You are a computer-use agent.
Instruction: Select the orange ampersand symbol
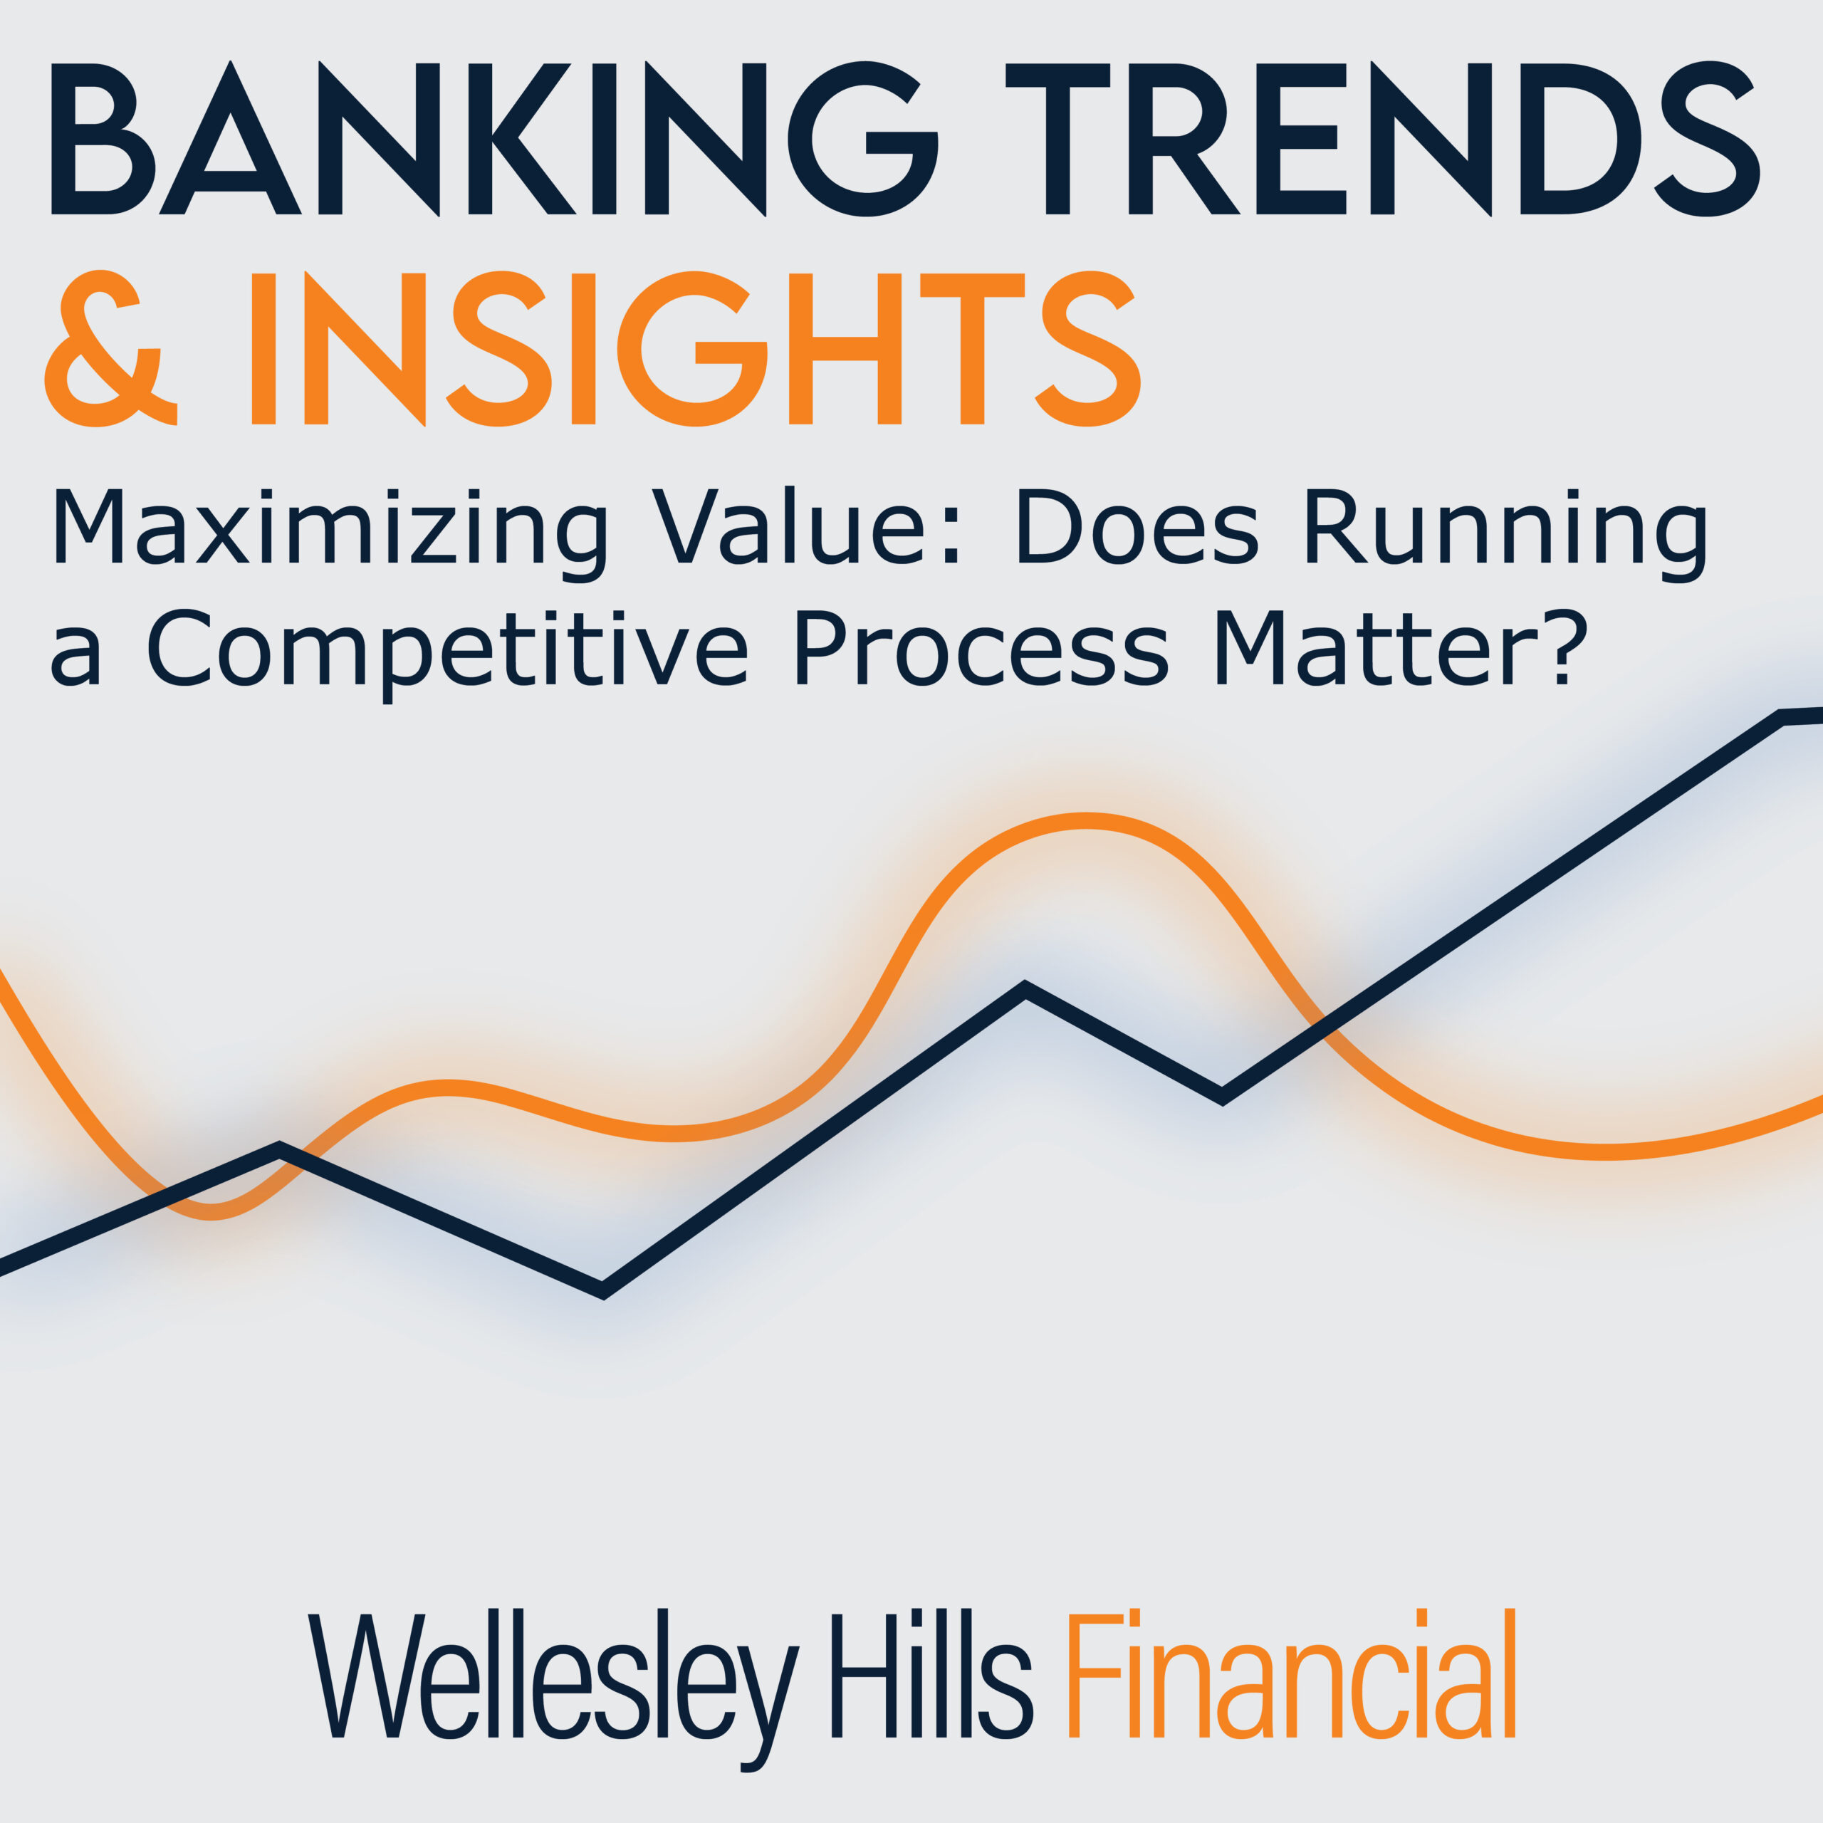click(x=111, y=348)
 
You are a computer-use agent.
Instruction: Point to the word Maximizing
click(x=329, y=533)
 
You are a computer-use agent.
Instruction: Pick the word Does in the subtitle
click(x=1138, y=526)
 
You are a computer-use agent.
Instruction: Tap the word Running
click(x=1507, y=534)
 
